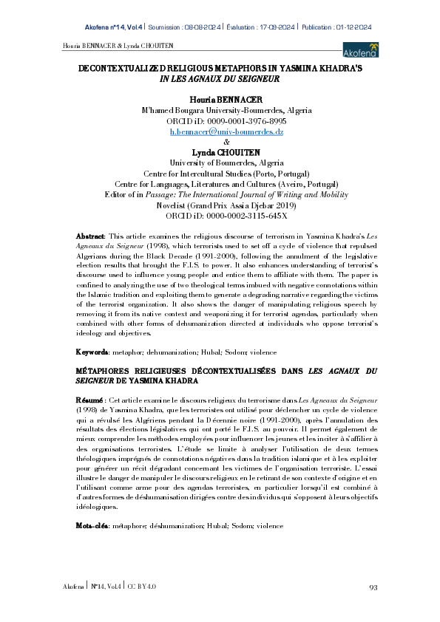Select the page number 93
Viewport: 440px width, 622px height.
tap(373, 587)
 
